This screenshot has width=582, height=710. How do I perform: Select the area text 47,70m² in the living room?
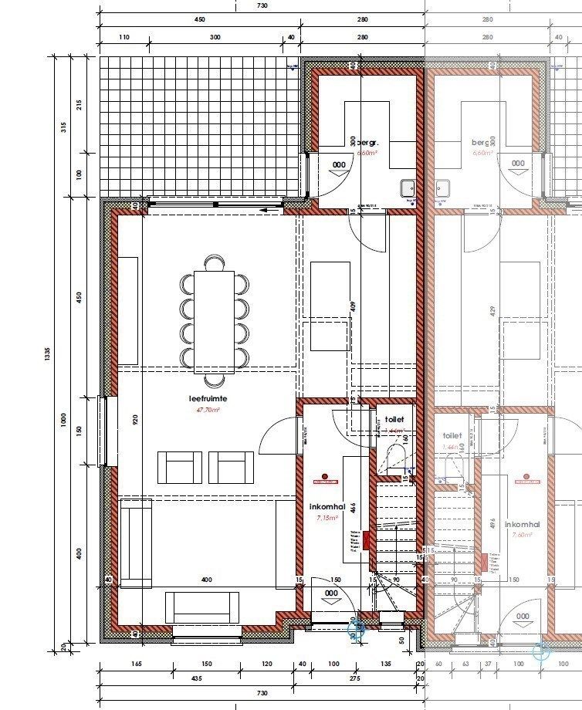(x=208, y=411)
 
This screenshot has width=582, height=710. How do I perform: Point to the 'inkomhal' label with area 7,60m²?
(x=523, y=525)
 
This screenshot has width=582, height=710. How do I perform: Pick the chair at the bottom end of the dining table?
(x=214, y=380)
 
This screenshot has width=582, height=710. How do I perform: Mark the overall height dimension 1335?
(x=48, y=353)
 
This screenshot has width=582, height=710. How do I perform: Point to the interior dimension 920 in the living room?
(x=134, y=421)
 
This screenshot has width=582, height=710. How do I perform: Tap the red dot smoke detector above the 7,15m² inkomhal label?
(x=326, y=477)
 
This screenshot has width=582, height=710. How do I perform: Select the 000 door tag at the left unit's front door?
(x=332, y=593)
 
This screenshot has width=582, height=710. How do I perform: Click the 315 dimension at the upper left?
(x=66, y=128)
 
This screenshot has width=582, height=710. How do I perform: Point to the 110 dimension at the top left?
(x=124, y=36)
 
